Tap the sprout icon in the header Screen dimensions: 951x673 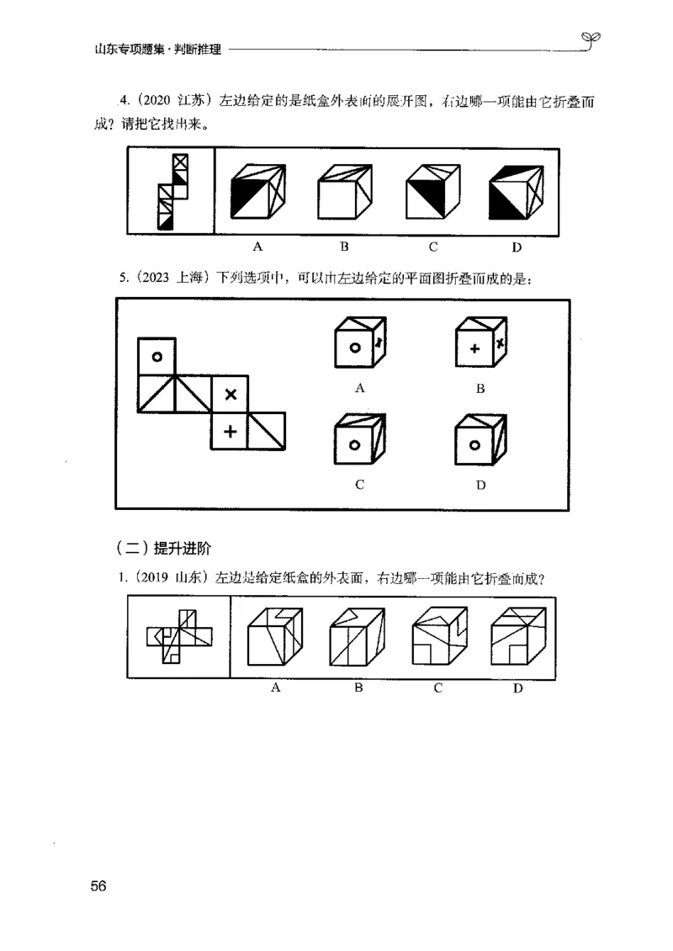pos(591,39)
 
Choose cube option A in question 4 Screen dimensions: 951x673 pos(258,191)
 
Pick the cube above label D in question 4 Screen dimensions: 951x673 pos(516,191)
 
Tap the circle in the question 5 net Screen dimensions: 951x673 pos(157,357)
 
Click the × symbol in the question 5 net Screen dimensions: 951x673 pos(231,394)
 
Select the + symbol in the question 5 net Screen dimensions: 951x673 pos(231,432)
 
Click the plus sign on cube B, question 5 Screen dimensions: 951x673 pos(474,349)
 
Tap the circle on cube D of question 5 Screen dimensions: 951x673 pos(474,445)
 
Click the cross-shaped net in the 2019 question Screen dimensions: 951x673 pos(178,637)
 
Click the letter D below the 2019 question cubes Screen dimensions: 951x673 pos(518,688)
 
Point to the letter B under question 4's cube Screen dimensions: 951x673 pos(344,247)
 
